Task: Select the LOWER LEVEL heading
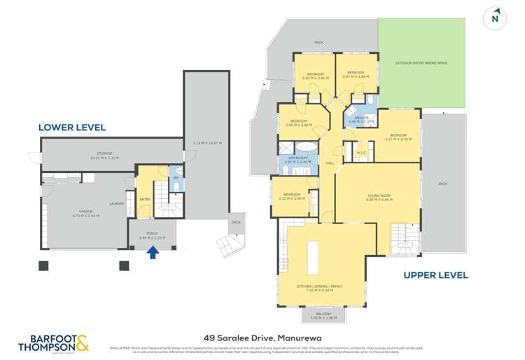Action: click(72, 127)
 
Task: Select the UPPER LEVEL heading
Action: click(435, 275)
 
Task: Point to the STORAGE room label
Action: click(105, 153)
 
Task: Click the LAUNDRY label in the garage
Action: click(117, 204)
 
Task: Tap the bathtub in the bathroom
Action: click(306, 148)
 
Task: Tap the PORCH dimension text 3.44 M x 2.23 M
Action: click(153, 240)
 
